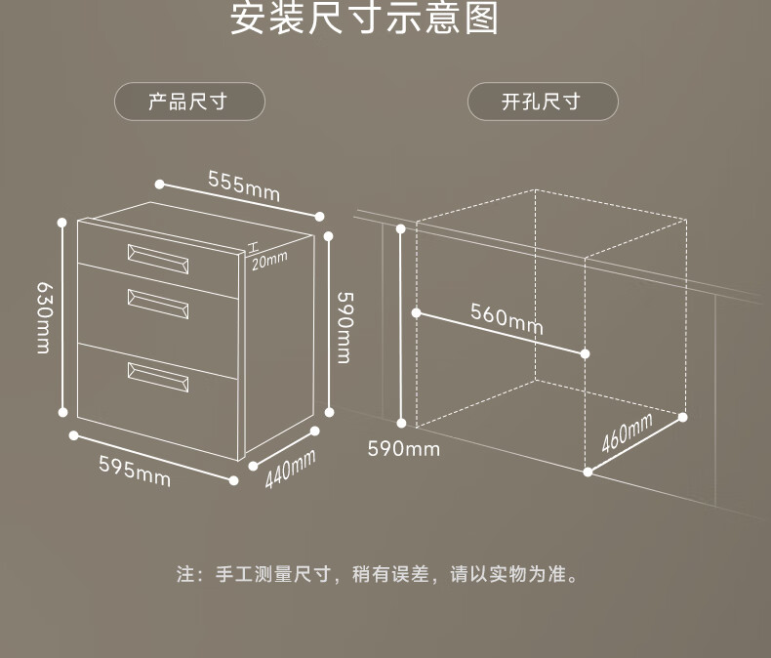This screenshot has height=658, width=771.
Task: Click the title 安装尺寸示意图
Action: point(364,20)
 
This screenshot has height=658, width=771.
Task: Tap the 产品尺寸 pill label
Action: point(189,102)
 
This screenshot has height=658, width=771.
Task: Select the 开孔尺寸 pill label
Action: point(543,102)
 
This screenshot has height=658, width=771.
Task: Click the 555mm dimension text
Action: point(243,185)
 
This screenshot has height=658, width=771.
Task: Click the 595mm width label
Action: point(134,471)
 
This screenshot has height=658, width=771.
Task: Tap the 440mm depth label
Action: point(290,470)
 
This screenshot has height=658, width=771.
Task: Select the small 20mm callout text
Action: point(269,259)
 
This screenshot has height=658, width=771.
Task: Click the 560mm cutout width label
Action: point(507,318)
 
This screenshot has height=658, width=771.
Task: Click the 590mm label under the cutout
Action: point(403,449)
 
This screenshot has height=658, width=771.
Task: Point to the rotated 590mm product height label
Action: point(344,326)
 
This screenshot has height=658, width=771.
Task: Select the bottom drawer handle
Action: point(157,375)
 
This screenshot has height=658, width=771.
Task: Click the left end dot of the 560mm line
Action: point(417,313)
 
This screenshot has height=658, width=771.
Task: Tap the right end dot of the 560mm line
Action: point(586,353)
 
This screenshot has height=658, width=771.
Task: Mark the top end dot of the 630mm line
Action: point(62,222)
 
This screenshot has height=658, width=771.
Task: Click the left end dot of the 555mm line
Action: point(159,183)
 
